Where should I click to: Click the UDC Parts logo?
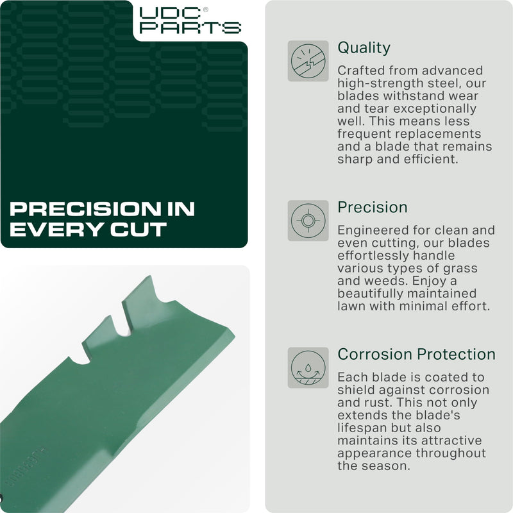[x=190, y=20]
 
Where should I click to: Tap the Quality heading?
[x=364, y=48]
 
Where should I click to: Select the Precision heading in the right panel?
[x=373, y=208]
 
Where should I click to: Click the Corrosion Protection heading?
[x=416, y=355]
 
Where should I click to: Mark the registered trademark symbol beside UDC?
[x=205, y=10]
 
